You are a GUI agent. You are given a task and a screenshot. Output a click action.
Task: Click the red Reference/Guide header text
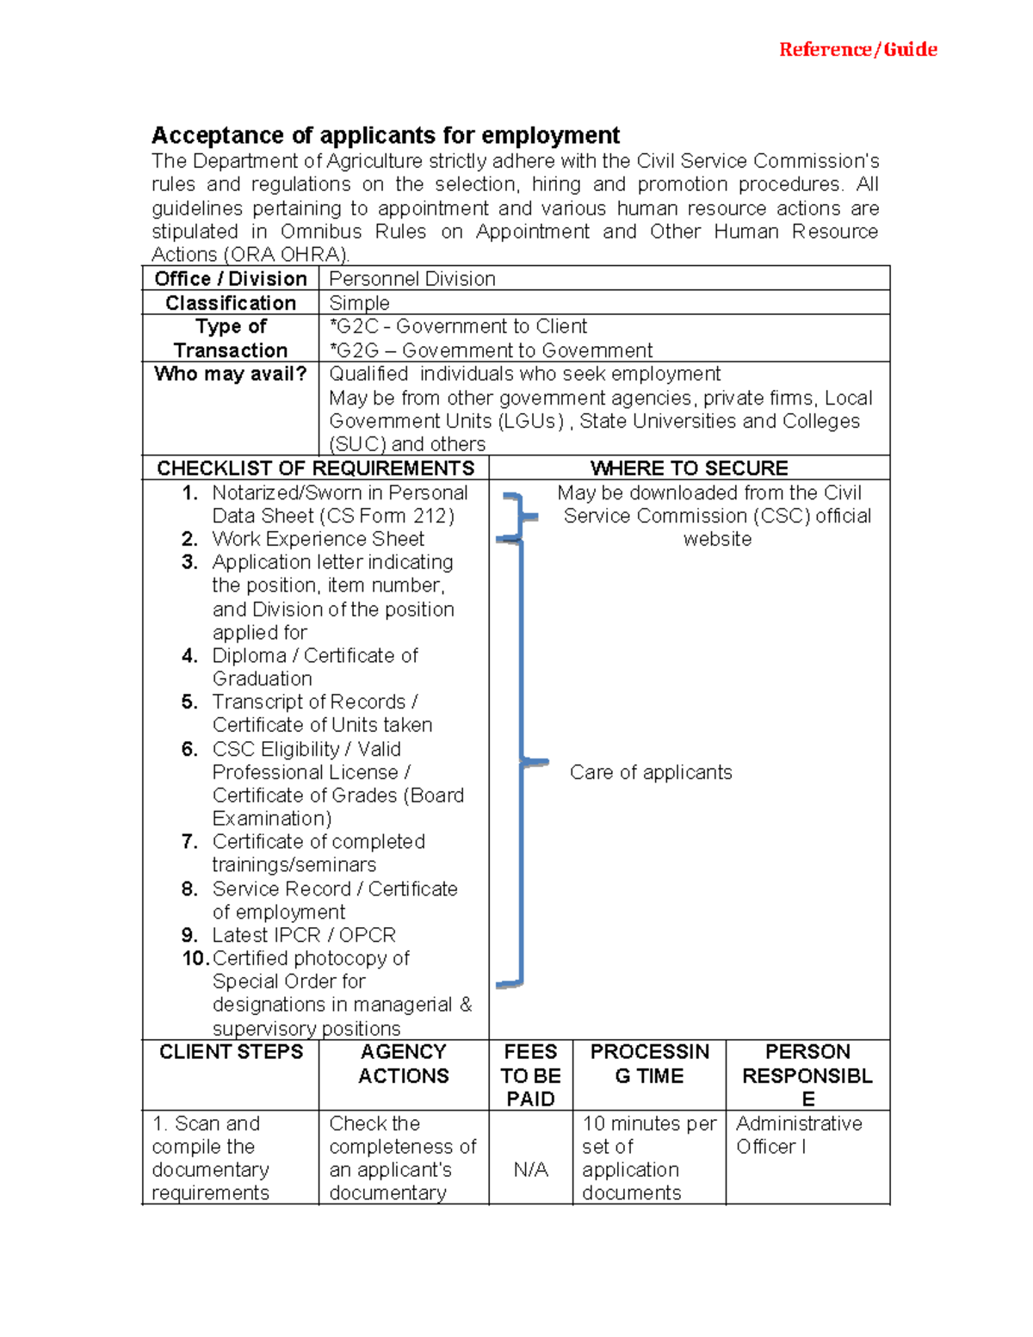(857, 50)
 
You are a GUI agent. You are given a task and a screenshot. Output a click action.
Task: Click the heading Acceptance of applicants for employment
(385, 136)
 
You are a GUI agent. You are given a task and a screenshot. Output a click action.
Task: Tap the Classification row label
(230, 303)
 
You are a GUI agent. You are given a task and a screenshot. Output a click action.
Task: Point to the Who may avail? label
(230, 374)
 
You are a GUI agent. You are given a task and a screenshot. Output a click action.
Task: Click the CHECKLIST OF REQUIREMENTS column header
(315, 468)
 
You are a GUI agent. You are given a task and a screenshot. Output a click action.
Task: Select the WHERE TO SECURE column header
(689, 468)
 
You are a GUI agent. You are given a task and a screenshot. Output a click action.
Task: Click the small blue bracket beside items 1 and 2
(518, 517)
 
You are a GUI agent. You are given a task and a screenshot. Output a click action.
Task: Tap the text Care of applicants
(651, 772)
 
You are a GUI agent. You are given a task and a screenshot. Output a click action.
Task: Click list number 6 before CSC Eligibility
(189, 749)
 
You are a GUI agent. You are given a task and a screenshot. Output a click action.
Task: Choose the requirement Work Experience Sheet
(318, 539)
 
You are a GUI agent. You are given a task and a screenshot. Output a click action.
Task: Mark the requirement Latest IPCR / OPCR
(304, 935)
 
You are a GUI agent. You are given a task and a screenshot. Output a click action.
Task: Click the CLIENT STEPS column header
(231, 1052)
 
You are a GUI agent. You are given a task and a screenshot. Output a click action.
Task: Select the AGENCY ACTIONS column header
(403, 1064)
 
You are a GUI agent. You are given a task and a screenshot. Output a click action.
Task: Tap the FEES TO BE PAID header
(530, 1075)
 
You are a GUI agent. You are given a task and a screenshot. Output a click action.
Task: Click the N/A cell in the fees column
(530, 1170)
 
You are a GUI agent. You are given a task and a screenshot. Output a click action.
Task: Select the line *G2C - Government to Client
(458, 326)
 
